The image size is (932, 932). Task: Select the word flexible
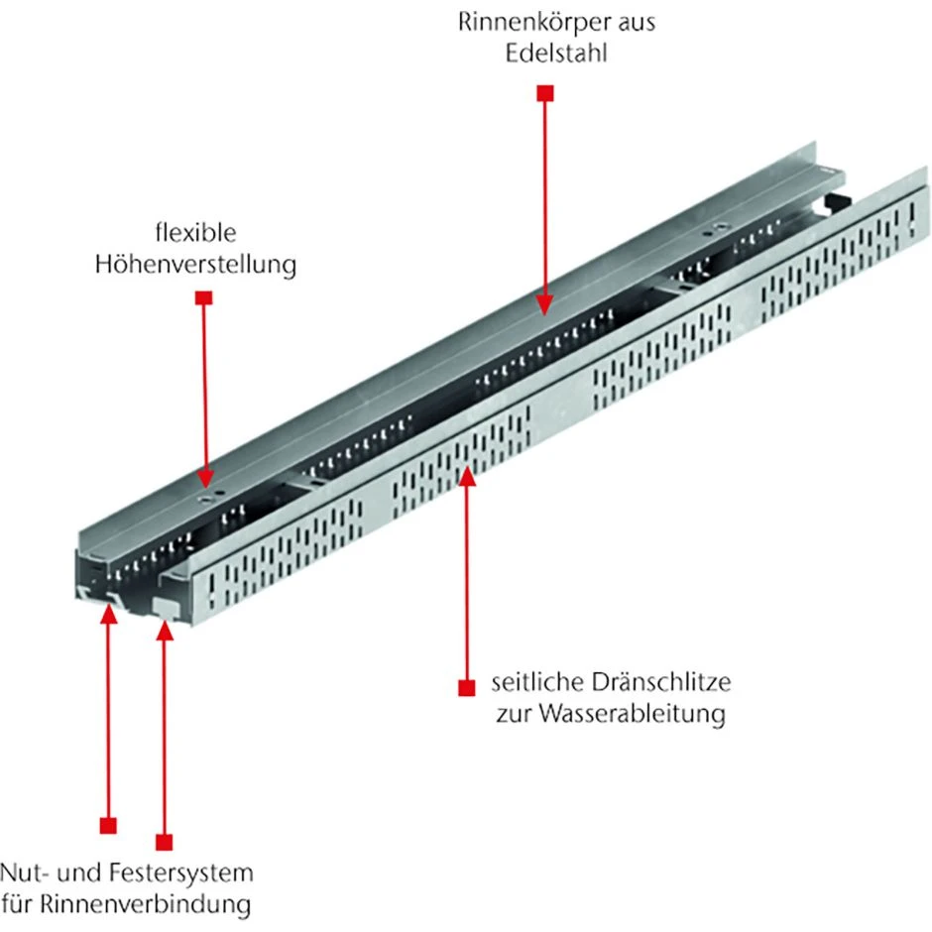pyautogui.click(x=195, y=235)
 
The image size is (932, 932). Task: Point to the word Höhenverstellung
pyautogui.click(x=195, y=265)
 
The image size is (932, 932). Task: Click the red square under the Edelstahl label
pyautogui.click(x=544, y=93)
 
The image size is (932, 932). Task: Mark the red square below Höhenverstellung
pyautogui.click(x=203, y=297)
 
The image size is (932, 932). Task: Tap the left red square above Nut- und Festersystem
pyautogui.click(x=108, y=824)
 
